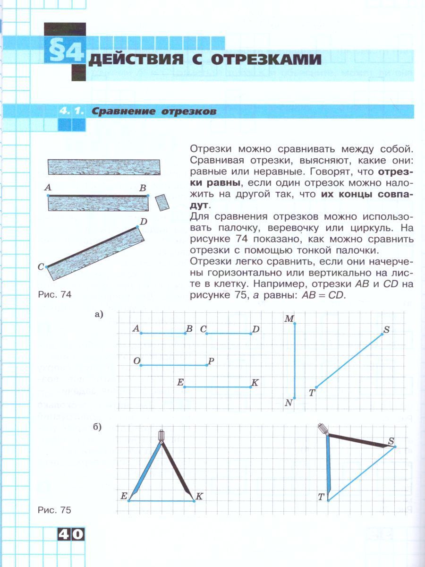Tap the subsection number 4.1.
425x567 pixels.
(x=71, y=112)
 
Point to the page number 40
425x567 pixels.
(x=71, y=534)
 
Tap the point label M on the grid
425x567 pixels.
(x=289, y=319)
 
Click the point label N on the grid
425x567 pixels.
(x=289, y=403)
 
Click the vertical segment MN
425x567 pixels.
(x=295, y=361)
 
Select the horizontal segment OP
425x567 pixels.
(x=174, y=365)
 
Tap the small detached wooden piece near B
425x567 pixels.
(x=162, y=203)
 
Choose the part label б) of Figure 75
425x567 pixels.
(x=98, y=428)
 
